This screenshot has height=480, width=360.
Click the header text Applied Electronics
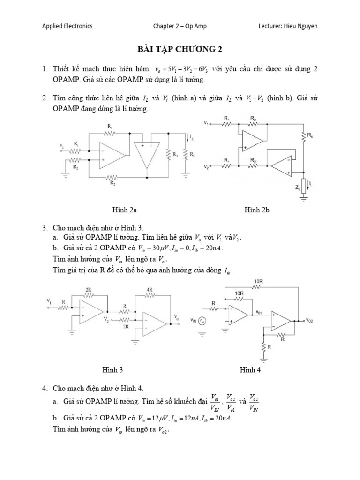[67, 26]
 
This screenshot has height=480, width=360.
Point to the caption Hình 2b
[256, 210]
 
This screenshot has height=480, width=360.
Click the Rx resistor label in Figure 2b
[310, 136]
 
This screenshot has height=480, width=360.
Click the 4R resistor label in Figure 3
[150, 290]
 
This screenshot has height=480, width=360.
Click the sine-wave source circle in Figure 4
[202, 322]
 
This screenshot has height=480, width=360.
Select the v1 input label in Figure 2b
[207, 123]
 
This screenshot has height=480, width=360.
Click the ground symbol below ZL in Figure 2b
[303, 199]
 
